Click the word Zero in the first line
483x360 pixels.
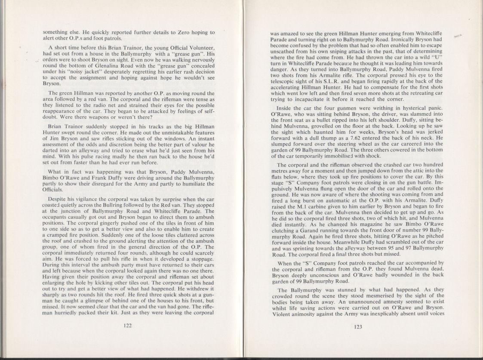click(170, 32)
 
